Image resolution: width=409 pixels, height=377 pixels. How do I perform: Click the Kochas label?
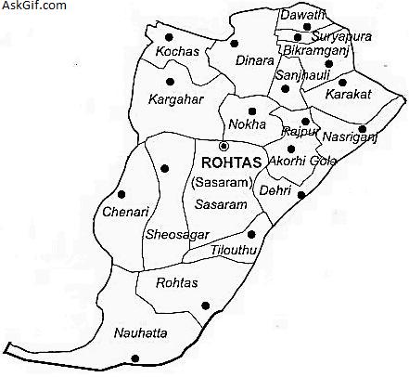coord(177,51)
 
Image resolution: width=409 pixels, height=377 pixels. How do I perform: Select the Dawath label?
coord(303,15)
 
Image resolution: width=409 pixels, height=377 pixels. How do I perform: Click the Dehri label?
coord(275,190)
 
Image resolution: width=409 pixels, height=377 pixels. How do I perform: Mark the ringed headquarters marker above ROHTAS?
coord(223,146)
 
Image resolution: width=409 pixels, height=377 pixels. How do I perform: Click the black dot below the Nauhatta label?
coord(135,358)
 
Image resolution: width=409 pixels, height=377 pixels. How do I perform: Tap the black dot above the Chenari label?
coord(121,194)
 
